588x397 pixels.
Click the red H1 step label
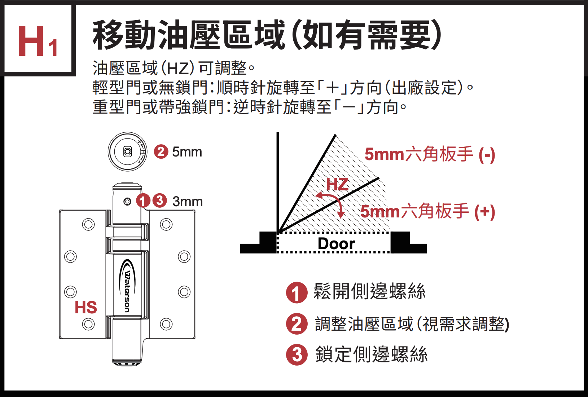tap(38, 41)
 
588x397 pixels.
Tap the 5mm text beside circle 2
tap(187, 152)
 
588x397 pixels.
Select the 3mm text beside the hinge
tap(188, 201)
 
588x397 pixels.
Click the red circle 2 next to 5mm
tap(161, 151)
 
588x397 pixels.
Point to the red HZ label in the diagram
tap(337, 184)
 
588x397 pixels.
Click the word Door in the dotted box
tap(336, 244)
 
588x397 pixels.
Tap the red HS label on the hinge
tap(85, 308)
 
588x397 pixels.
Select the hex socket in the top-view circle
tap(127, 151)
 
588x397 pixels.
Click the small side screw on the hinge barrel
tap(127, 201)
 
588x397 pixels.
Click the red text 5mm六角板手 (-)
tap(429, 154)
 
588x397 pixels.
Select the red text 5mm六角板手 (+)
tap(427, 211)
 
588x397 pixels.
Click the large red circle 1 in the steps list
tap(297, 292)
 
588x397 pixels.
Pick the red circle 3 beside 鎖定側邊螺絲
tap(297, 355)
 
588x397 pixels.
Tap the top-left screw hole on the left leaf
tap(88, 224)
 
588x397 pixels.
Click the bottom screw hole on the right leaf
tap(166, 324)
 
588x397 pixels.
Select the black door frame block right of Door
tap(400, 242)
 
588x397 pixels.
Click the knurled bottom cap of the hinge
tap(127, 362)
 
